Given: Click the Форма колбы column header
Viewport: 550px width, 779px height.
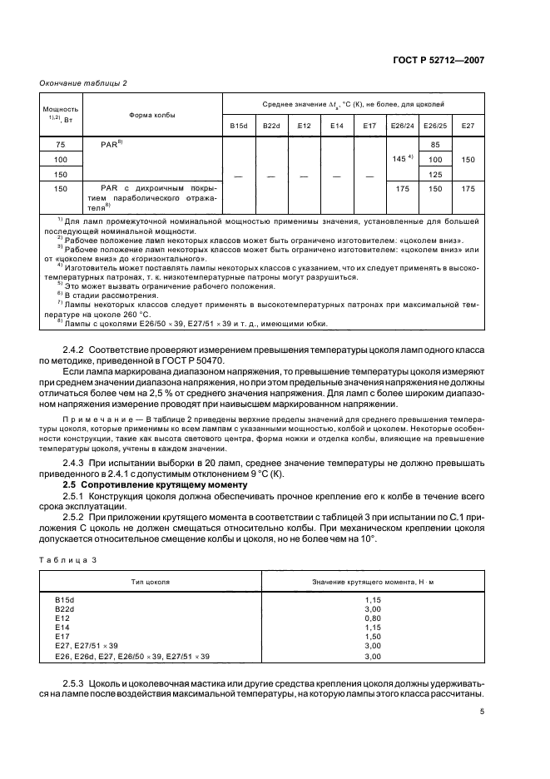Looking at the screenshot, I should (x=152, y=115).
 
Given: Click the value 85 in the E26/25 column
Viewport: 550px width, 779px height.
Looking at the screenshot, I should (x=434, y=143).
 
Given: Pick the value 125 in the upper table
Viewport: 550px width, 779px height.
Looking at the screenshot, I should (x=434, y=174).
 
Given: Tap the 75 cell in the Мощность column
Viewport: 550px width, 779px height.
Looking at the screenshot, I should (x=61, y=143).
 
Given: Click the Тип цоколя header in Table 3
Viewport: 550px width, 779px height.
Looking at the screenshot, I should (x=152, y=581).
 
